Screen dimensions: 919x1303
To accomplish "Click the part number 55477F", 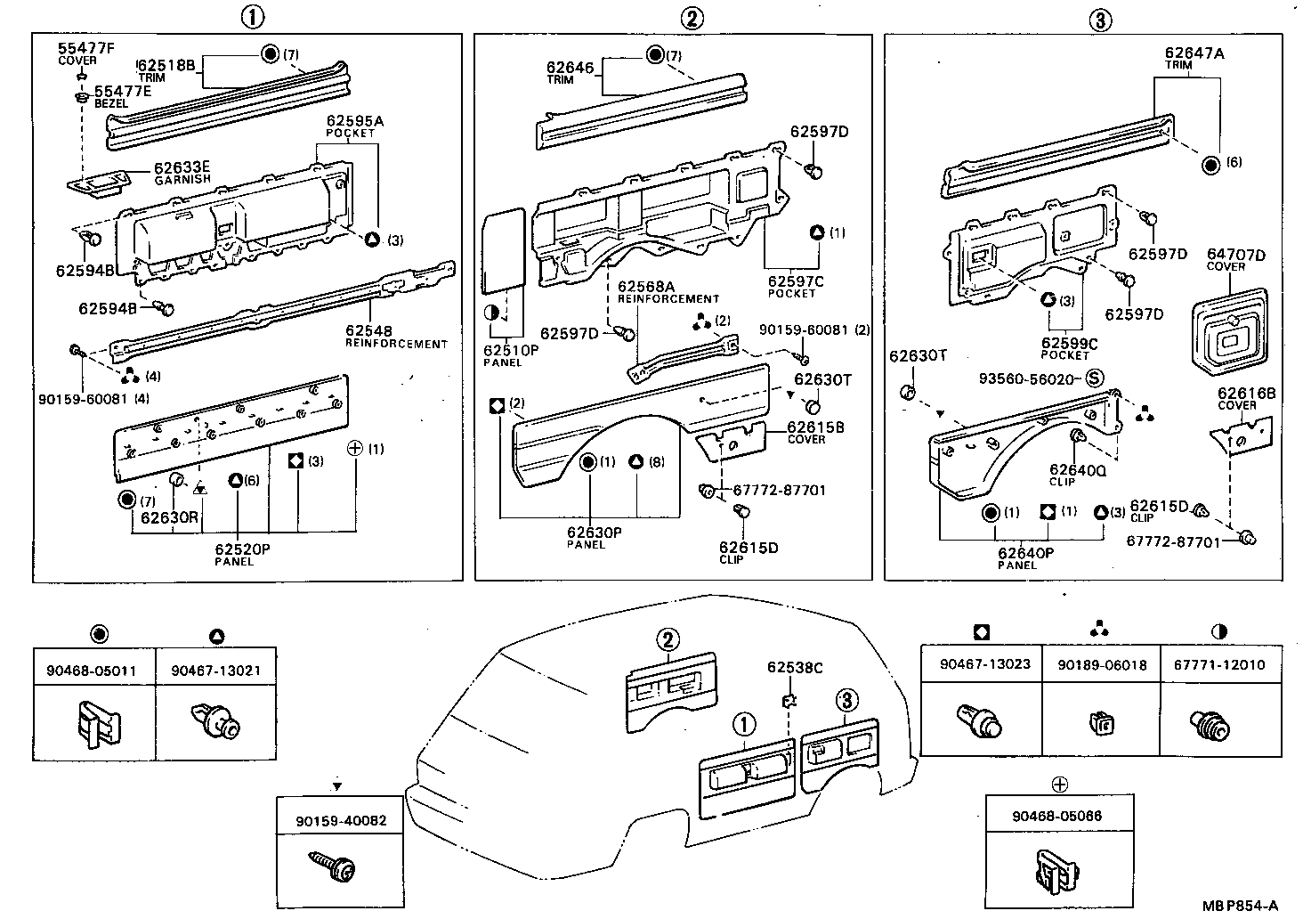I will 86,48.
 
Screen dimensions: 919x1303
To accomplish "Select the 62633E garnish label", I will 182,167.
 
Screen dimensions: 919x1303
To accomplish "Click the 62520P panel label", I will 241,549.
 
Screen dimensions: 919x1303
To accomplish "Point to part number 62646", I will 569,67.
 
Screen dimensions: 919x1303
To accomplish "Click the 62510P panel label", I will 511,350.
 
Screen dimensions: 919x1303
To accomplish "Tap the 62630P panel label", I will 594,533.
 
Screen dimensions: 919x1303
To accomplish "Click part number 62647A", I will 1194,53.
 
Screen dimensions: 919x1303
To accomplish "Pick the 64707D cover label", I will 1235,256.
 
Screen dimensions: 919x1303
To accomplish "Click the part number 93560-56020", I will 1028,378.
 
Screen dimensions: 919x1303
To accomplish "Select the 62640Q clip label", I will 1076,470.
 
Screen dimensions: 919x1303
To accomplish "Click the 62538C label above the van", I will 795,667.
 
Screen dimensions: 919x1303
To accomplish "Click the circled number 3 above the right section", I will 1100,20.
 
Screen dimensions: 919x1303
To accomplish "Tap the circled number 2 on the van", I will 668,639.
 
